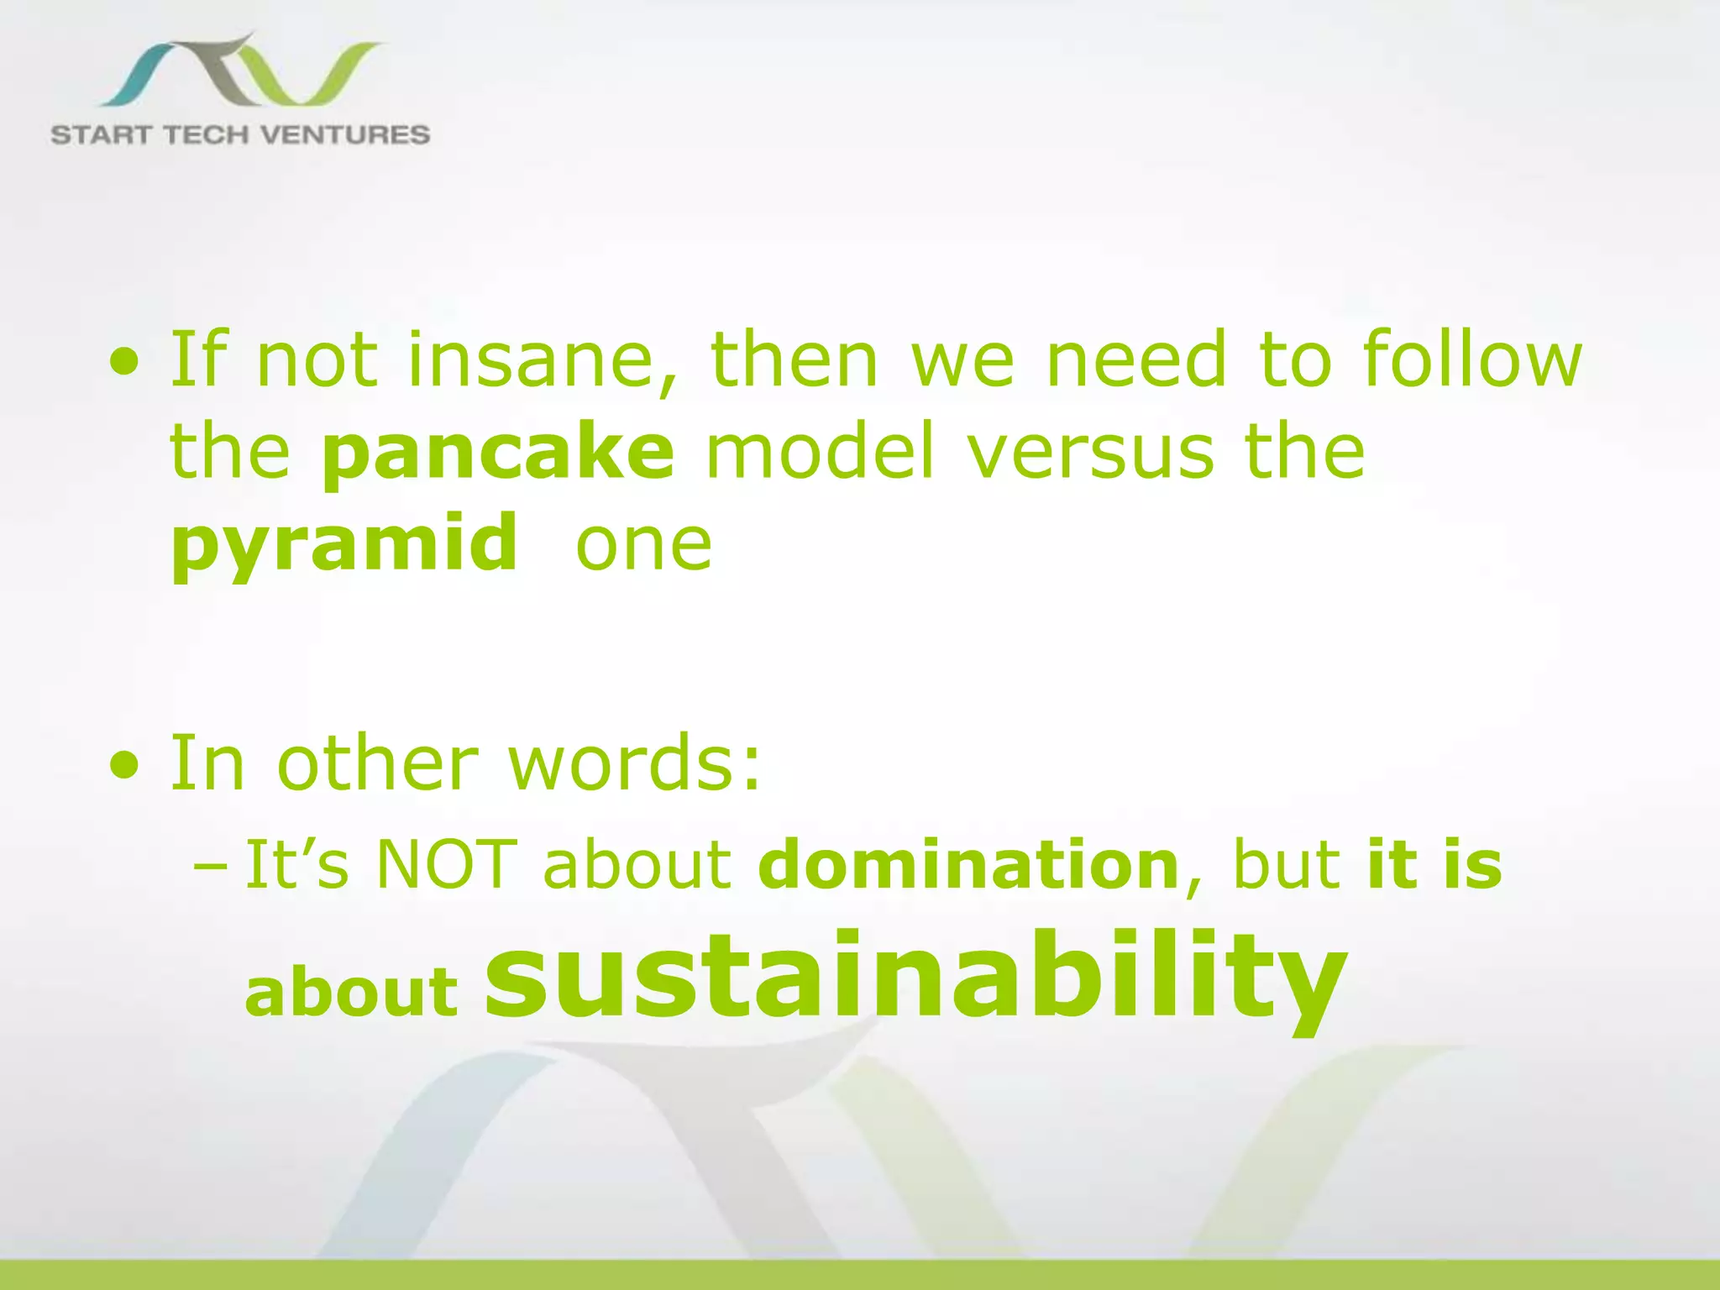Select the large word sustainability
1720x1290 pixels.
pyautogui.click(x=915, y=978)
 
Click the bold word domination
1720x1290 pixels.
pyautogui.click(x=968, y=865)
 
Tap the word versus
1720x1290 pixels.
pyautogui.click(x=1089, y=452)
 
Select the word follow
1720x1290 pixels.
pyautogui.click(x=1471, y=359)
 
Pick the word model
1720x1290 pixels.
pyautogui.click(x=820, y=452)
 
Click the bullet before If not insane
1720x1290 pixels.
pyautogui.click(x=125, y=364)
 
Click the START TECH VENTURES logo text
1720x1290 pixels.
pyautogui.click(x=240, y=134)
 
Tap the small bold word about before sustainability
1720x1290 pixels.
pyautogui.click(x=351, y=992)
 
